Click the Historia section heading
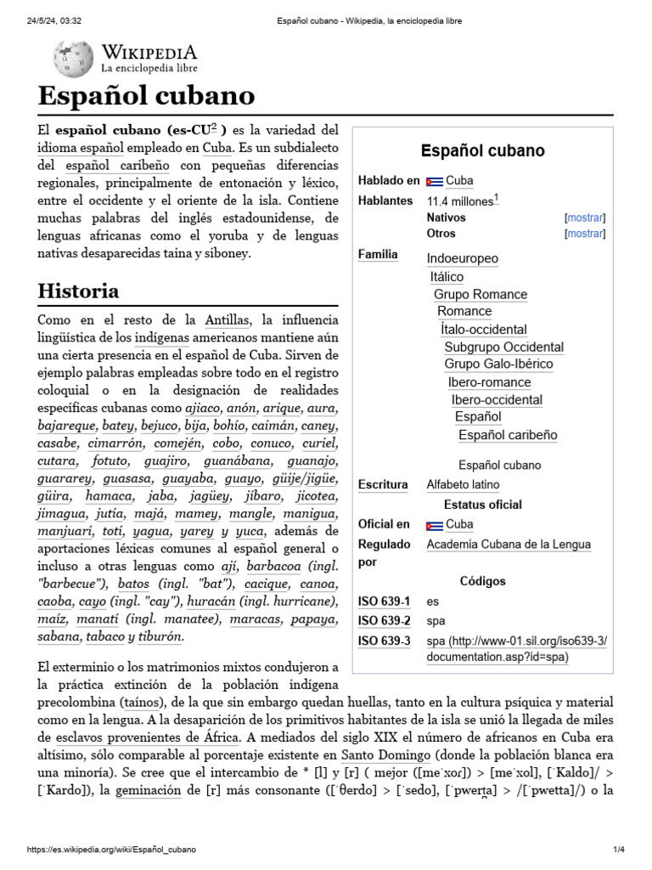point(78,291)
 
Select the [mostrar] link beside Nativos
point(585,217)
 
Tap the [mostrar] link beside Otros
point(585,234)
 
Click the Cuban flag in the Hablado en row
point(434,181)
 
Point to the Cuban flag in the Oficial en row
point(434,525)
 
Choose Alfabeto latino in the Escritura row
point(463,484)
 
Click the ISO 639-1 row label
point(385,602)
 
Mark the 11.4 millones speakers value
point(459,201)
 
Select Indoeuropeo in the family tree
point(462,258)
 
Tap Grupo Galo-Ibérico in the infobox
point(498,364)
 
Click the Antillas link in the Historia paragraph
point(228,319)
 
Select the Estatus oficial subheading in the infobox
point(482,505)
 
